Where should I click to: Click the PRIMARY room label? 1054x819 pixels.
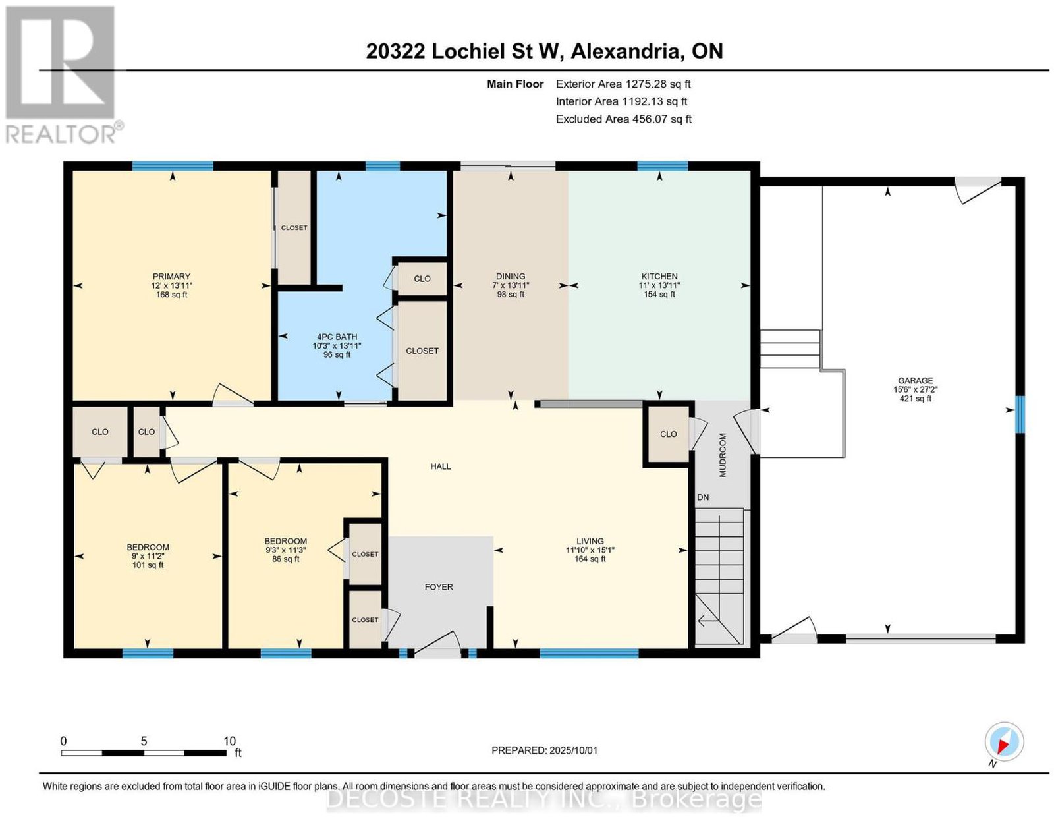(171, 276)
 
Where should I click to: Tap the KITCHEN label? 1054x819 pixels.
(659, 276)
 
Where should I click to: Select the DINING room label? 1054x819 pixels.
(511, 276)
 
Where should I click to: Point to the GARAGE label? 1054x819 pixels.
(915, 381)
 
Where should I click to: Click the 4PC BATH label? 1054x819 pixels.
(337, 337)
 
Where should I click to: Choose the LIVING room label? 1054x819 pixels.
(590, 541)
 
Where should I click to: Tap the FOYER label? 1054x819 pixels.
(439, 586)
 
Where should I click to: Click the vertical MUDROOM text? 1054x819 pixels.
(723, 455)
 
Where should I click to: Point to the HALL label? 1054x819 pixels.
(441, 466)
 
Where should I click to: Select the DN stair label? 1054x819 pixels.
(703, 497)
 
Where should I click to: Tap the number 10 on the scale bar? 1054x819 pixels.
(229, 741)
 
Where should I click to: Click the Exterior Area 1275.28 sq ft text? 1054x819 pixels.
(623, 84)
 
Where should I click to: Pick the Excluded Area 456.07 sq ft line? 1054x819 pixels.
(624, 119)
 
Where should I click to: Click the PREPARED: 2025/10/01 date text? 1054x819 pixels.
(544, 750)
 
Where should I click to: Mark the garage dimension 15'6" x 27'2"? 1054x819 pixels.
(915, 389)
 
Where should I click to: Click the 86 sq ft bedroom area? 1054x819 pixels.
(286, 559)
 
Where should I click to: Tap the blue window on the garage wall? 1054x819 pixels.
(1020, 414)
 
